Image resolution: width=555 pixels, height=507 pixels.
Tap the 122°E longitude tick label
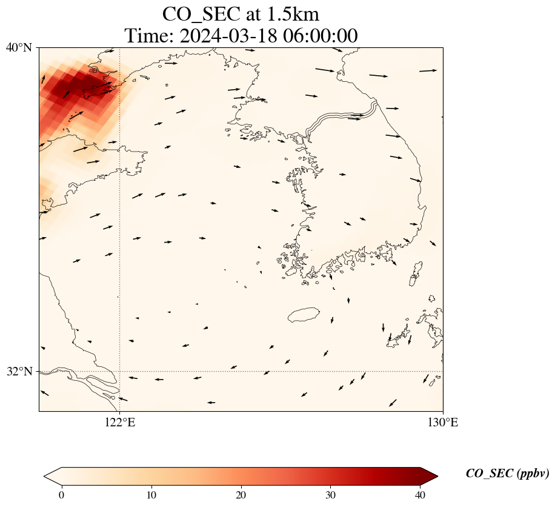pos(120,423)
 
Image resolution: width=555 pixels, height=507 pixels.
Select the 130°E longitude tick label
pos(443,423)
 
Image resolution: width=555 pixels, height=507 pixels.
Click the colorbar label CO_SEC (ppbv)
pos(507,474)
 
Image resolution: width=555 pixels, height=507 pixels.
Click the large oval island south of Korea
pos(304,315)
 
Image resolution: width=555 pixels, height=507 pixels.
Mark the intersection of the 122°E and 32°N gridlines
pos(120,371)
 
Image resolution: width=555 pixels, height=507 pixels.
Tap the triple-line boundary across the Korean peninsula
pos(342,118)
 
